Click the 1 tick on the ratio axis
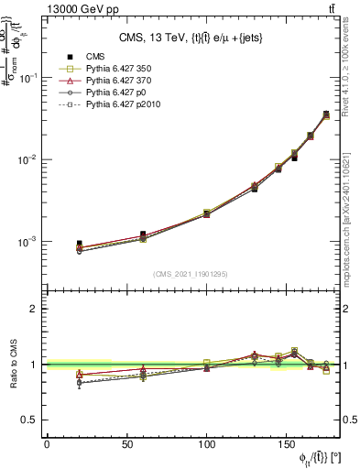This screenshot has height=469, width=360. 34,365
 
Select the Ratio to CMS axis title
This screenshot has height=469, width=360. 11,364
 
